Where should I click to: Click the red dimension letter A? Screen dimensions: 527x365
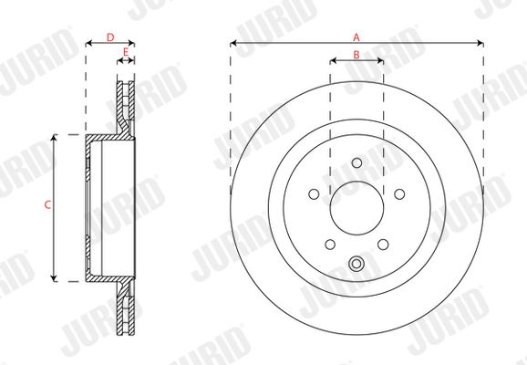click(356, 37)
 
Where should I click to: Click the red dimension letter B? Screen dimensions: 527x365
click(356, 55)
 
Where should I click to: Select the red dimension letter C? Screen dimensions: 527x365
click(47, 204)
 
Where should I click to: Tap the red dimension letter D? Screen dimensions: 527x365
click(110, 37)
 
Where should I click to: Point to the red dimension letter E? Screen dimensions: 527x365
click(126, 52)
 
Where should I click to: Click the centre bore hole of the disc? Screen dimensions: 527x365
click(356, 208)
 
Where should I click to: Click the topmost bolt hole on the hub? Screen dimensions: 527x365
click(356, 162)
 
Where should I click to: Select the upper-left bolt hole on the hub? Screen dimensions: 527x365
click(314, 194)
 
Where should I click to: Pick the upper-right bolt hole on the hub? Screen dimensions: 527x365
click(399, 194)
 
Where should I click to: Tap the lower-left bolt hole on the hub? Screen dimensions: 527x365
click(330, 245)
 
